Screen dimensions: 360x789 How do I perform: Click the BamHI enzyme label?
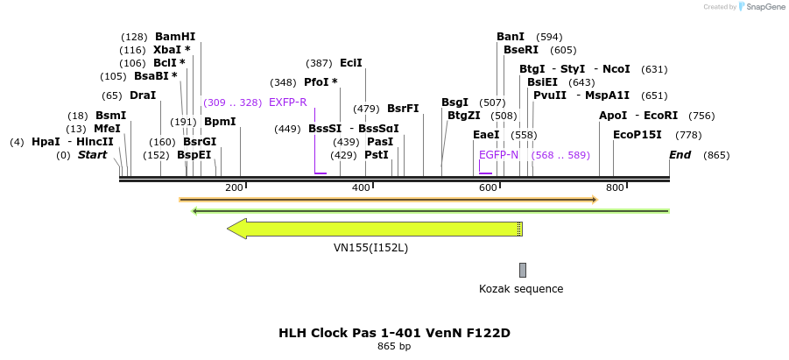[175, 37]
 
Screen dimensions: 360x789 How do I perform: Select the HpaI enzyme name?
[46, 142]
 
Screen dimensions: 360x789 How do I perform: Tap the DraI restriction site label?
[142, 95]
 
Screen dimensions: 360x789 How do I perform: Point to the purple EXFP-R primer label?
[287, 102]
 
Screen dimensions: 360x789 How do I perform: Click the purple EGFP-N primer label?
[498, 155]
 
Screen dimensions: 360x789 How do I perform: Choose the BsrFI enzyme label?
[403, 109]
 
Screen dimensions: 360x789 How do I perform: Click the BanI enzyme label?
[511, 37]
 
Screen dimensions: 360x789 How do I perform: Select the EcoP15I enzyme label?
[638, 135]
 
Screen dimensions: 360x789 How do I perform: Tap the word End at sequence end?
[680, 155]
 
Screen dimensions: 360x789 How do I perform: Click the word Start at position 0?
[92, 155]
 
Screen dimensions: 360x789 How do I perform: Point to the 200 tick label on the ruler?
[234, 187]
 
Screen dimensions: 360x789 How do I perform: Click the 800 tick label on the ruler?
[615, 187]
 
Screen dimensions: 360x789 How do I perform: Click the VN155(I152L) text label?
[370, 248]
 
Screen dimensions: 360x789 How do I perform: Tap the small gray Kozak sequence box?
[523, 270]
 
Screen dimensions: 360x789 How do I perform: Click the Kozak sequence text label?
[521, 289]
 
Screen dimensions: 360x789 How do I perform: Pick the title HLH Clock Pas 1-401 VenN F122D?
[394, 333]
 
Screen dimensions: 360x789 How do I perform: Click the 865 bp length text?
[394, 347]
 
